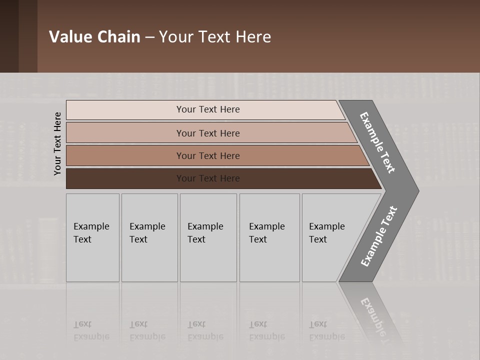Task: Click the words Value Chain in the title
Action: pos(94,37)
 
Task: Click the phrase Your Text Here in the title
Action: pos(215,37)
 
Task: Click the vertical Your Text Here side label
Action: pos(57,143)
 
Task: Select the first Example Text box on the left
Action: pos(92,237)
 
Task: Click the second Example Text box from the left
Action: pos(149,237)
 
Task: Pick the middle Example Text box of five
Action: pos(208,237)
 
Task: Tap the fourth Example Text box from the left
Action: pos(269,237)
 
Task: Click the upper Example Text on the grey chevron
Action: pos(377,142)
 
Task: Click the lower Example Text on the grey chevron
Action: pos(378,236)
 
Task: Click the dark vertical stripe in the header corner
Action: pos(28,36)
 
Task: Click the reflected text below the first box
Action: pos(91,330)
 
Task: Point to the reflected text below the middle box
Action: pos(205,330)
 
